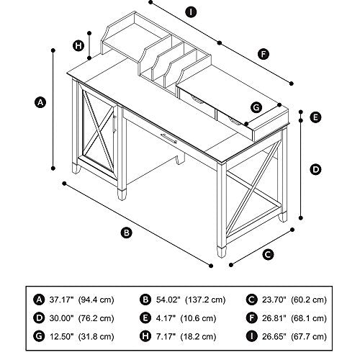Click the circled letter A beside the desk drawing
coord(40,102)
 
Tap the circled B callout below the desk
coord(127,233)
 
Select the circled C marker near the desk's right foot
coord(268,254)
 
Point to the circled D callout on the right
coord(315,170)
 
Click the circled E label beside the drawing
coord(315,117)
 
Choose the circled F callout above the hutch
coord(264,54)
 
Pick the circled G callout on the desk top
coord(256,107)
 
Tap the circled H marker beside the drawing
coord(78,45)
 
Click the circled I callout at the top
coord(191,12)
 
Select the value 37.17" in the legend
coord(61,300)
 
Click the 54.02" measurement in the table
coord(168,300)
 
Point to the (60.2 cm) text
coord(309,300)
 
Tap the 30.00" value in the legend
coord(61,318)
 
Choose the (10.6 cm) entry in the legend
coord(198,318)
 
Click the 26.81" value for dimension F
coord(274,318)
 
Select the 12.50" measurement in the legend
coord(61,336)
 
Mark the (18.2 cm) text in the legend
coord(198,336)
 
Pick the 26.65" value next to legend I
coord(274,336)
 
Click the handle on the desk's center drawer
coord(168,138)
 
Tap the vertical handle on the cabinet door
coord(114,124)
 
